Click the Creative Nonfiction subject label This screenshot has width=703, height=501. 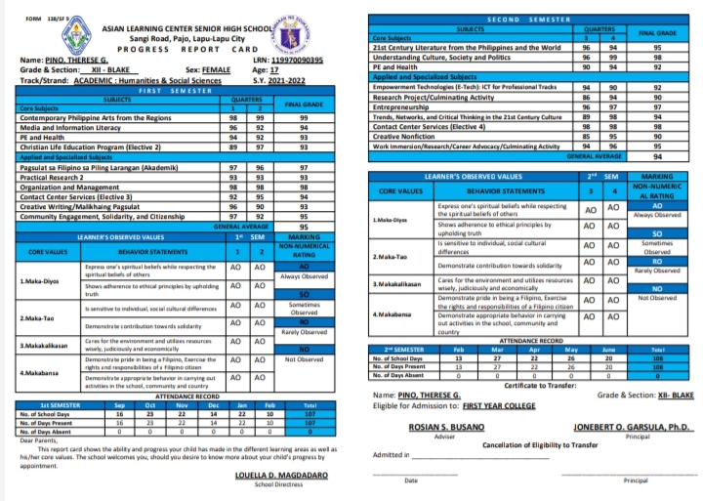[404, 136]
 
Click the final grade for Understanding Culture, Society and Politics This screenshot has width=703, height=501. [657, 57]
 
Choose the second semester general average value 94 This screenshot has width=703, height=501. [657, 155]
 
